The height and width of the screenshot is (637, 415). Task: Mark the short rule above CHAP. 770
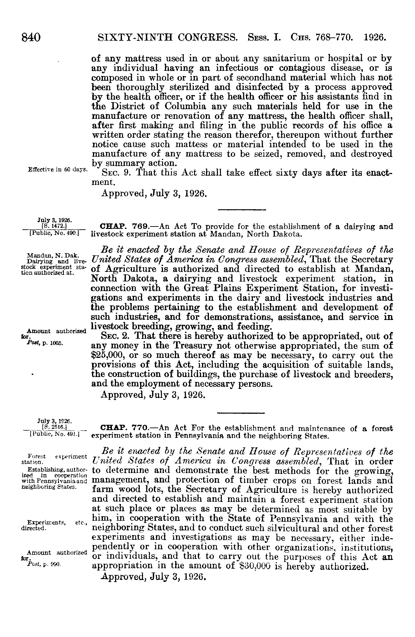tap(241, 414)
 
